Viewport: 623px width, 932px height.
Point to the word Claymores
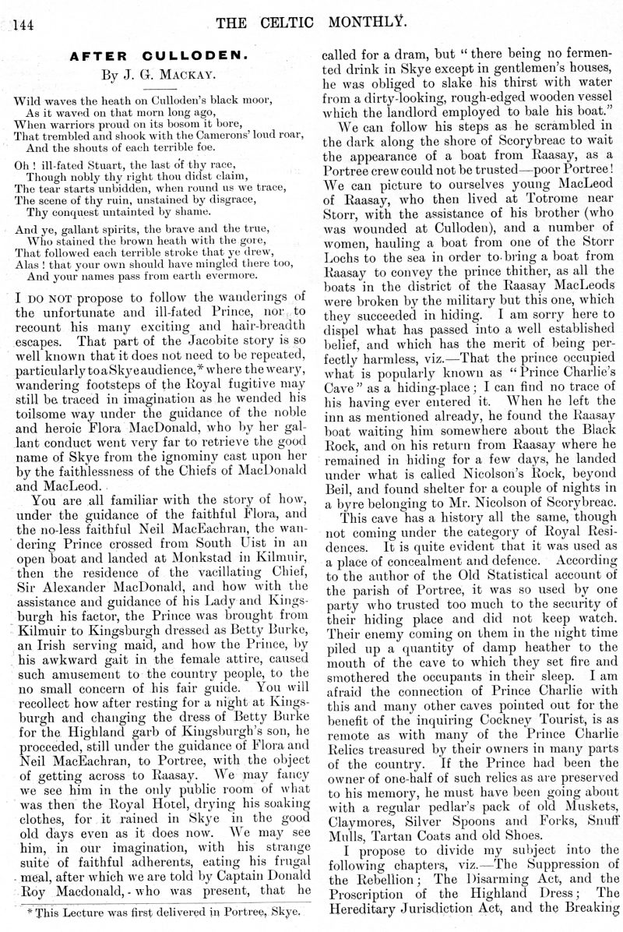(x=363, y=803)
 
